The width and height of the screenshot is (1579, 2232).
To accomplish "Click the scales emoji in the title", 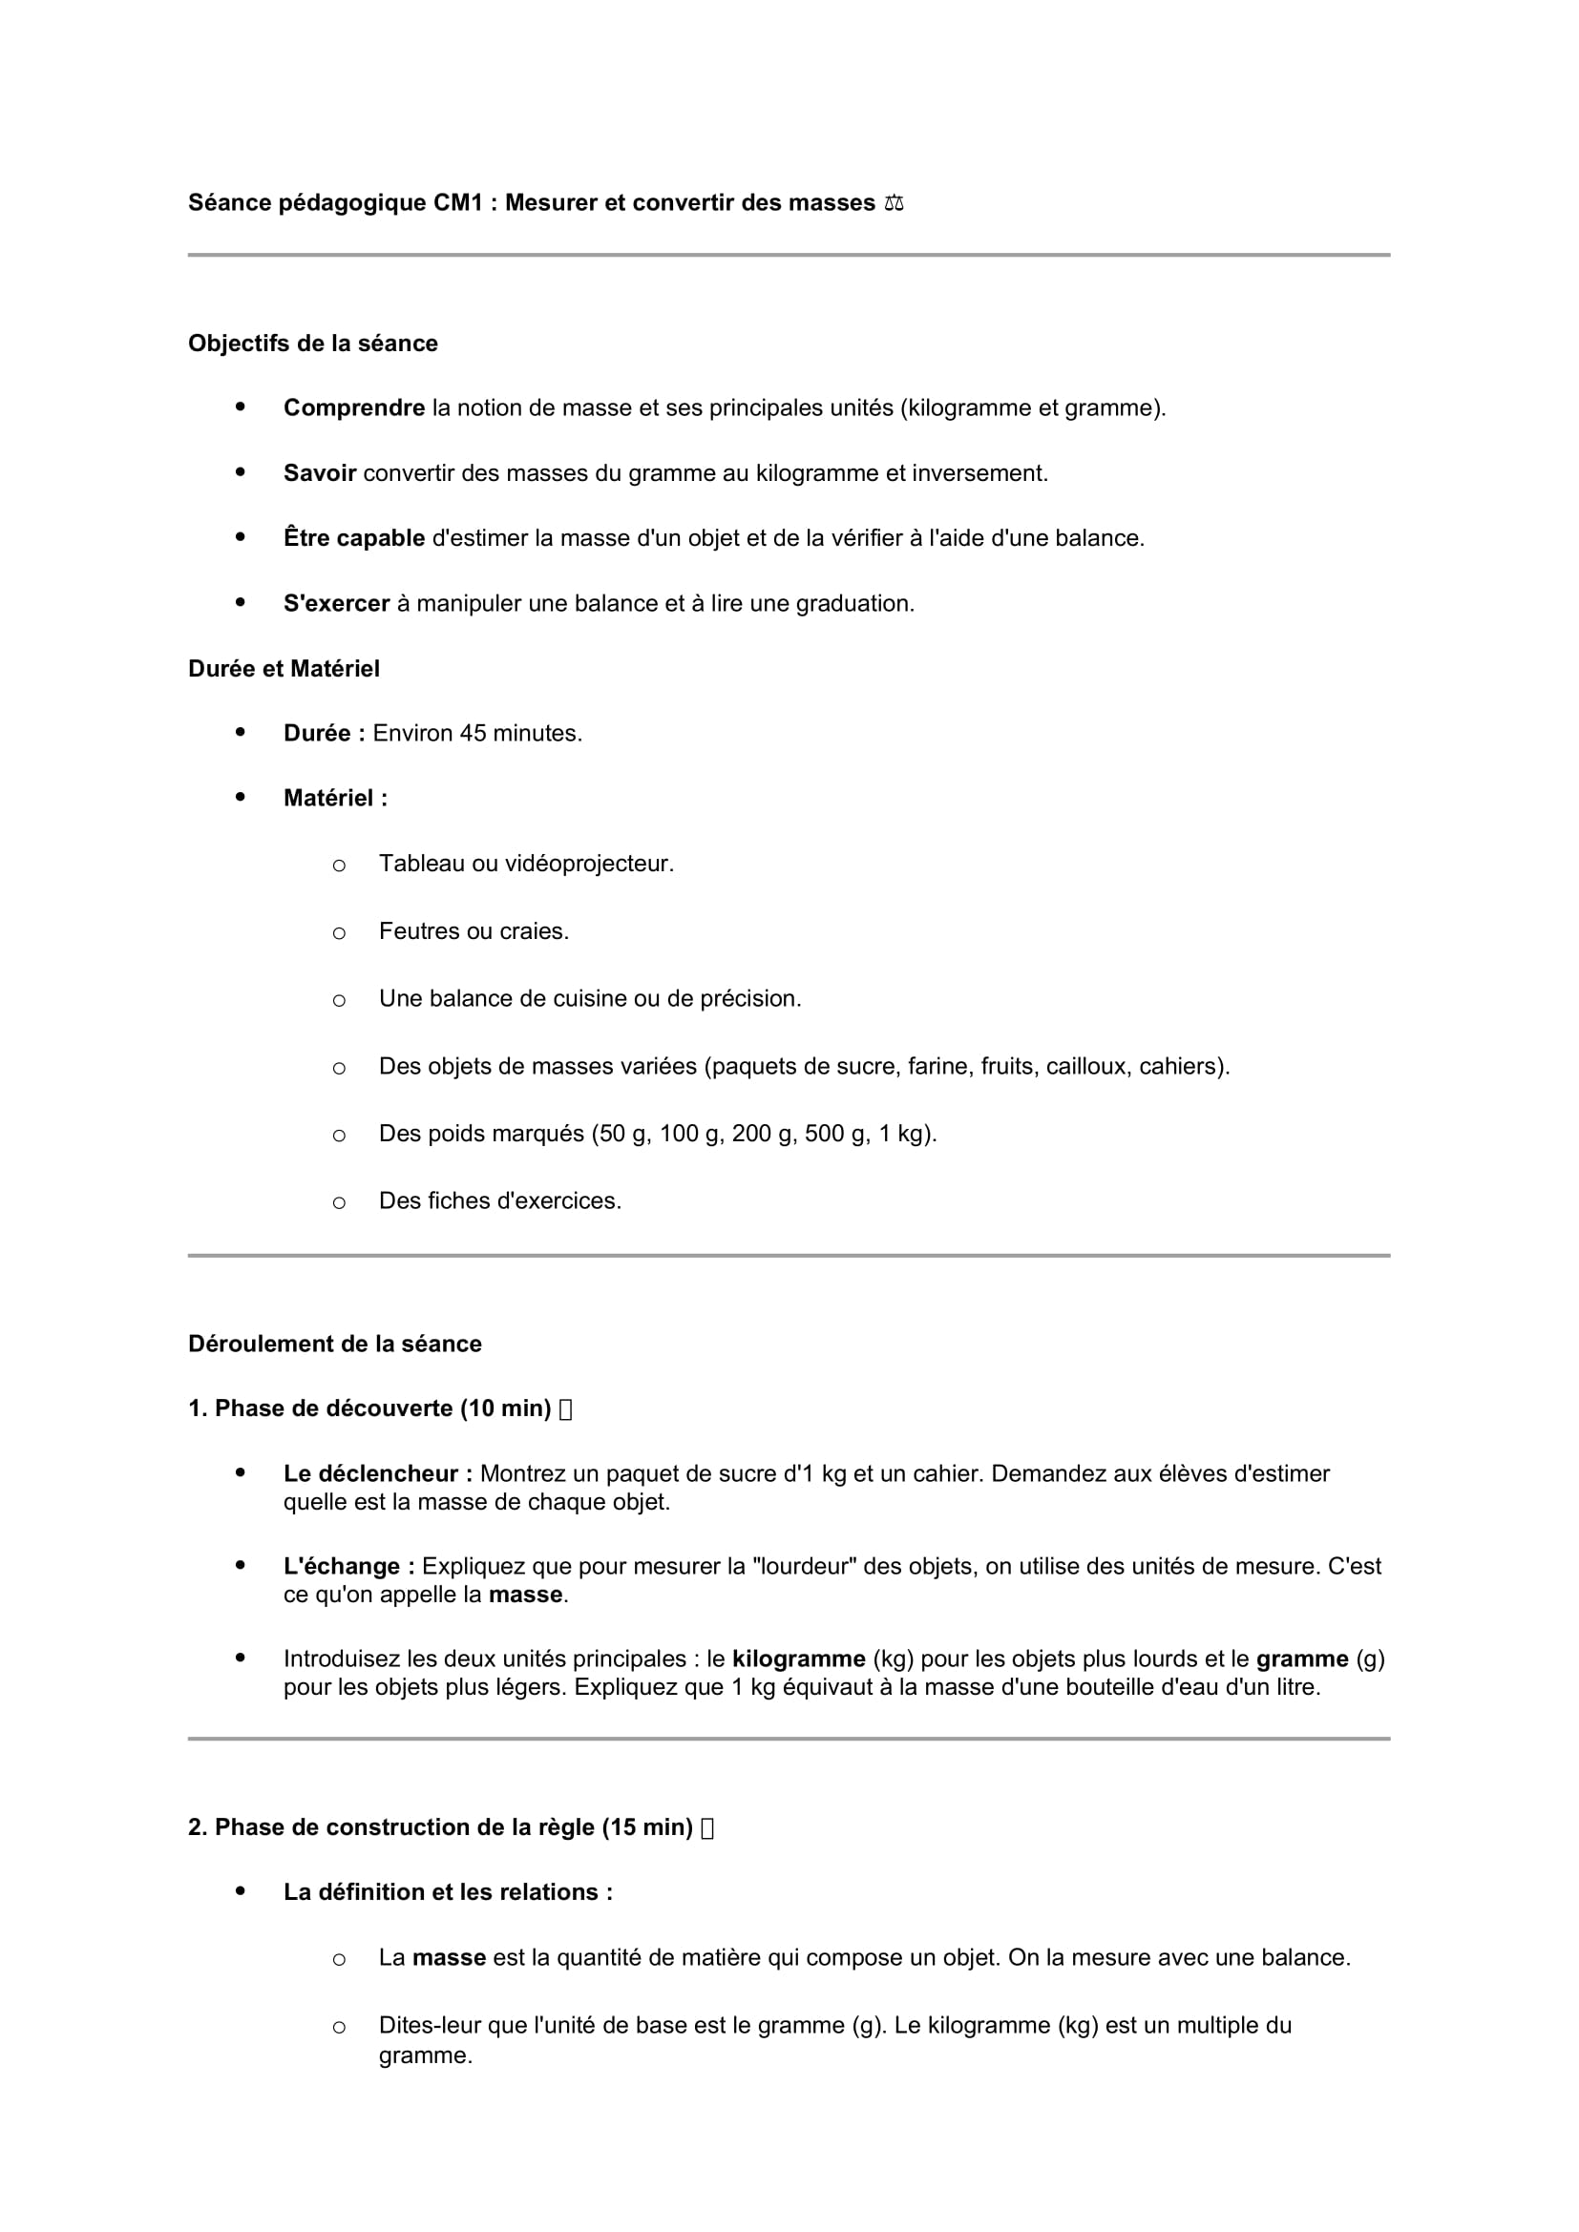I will pyautogui.click(x=894, y=203).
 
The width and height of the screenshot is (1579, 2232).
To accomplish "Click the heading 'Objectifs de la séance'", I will pyautogui.click(x=313, y=344).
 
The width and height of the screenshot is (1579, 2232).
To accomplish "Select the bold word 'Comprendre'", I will pyautogui.click(x=354, y=408).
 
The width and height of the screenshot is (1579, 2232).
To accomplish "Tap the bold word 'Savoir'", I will pyautogui.click(x=320, y=473).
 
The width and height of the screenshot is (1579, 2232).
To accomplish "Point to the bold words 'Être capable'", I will pyautogui.click(x=354, y=538).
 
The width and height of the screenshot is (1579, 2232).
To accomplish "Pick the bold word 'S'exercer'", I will pyautogui.click(x=336, y=604).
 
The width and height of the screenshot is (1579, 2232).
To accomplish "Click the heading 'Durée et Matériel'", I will pyautogui.click(x=284, y=669).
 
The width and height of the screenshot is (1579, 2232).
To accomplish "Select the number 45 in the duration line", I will pyautogui.click(x=473, y=733).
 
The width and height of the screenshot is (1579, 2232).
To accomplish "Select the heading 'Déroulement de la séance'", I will pyautogui.click(x=334, y=1344).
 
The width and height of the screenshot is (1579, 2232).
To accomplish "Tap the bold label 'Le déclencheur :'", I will pyautogui.click(x=378, y=1473).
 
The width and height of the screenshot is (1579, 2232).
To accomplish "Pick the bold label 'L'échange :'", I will pyautogui.click(x=349, y=1566).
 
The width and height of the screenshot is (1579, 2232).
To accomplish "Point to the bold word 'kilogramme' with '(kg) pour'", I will pyautogui.click(x=798, y=1658).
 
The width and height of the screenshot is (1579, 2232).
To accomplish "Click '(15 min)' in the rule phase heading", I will pyautogui.click(x=646, y=1827).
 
